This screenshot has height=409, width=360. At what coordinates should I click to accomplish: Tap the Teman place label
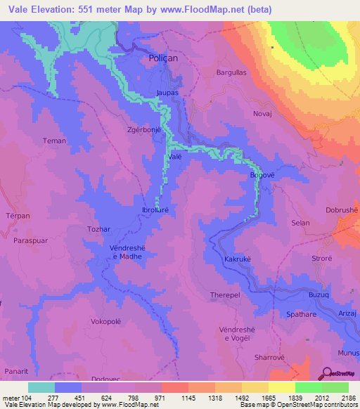point(54,141)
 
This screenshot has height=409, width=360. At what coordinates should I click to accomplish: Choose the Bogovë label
point(261,175)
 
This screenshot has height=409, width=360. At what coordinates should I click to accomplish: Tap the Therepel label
point(226,295)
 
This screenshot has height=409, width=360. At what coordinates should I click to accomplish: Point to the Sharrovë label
point(269,357)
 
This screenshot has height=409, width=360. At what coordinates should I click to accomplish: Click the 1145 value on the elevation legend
point(188,397)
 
